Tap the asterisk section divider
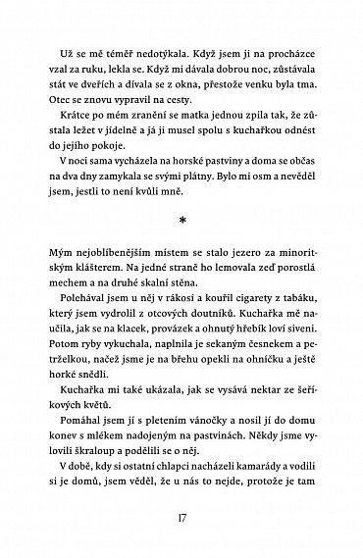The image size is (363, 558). pos(181,212)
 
